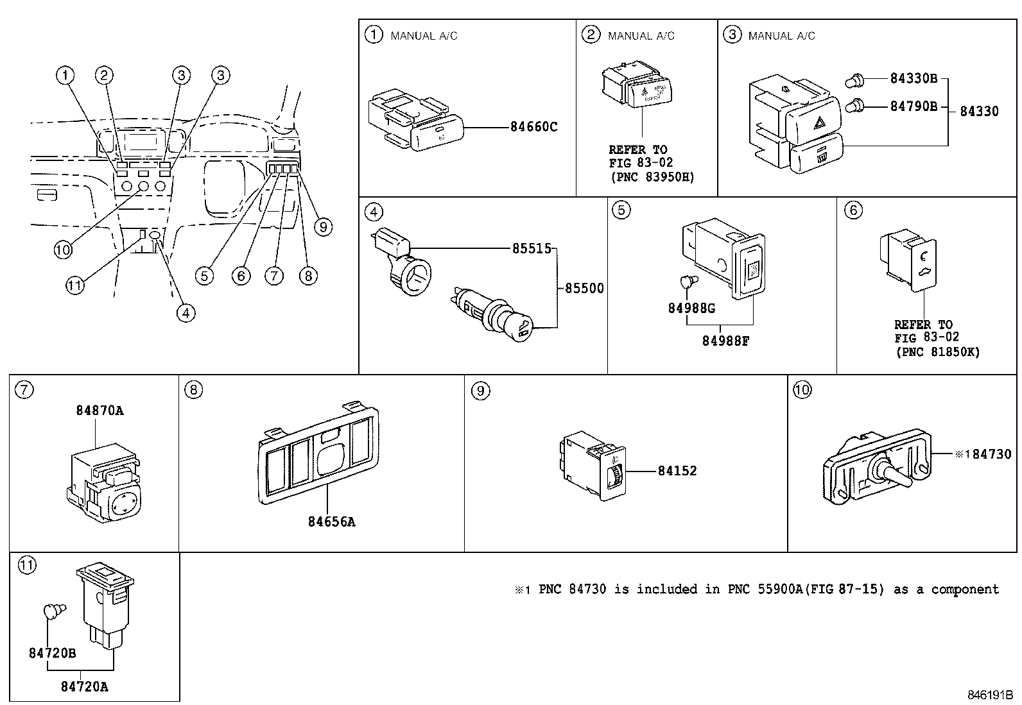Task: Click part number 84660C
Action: click(533, 127)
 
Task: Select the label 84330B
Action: click(914, 79)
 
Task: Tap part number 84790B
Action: click(914, 106)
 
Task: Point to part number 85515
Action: click(532, 248)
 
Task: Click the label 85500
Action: click(584, 289)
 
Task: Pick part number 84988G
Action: click(691, 308)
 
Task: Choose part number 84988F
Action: click(725, 341)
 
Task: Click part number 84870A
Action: click(100, 411)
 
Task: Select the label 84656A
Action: click(331, 522)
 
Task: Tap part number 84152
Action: click(677, 471)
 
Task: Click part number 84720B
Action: click(52, 653)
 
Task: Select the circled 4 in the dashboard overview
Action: click(186, 312)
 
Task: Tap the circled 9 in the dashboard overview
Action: click(323, 226)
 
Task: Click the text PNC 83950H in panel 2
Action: click(652, 177)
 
